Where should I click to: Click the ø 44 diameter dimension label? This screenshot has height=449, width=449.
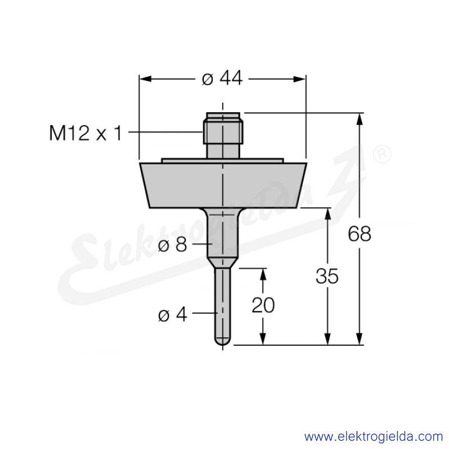point(222,78)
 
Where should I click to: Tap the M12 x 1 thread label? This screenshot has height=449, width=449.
point(86,133)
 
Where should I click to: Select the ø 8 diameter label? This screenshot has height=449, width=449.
point(172,245)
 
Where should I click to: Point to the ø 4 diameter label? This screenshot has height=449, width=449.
point(173,315)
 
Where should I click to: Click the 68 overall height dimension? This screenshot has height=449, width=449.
point(359,234)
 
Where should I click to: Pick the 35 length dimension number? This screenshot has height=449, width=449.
point(327,276)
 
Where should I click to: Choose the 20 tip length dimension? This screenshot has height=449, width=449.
point(263,305)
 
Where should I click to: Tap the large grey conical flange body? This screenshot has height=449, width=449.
point(223,185)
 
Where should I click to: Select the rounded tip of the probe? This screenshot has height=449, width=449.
point(222,341)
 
